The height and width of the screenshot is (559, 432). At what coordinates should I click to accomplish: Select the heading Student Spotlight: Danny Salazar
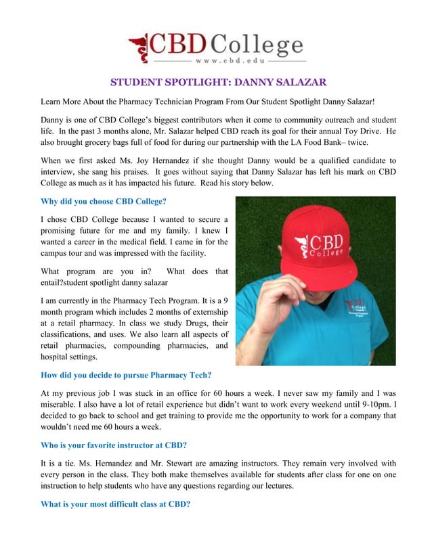point(215,83)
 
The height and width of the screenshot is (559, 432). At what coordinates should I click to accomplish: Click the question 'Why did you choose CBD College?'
point(104,201)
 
